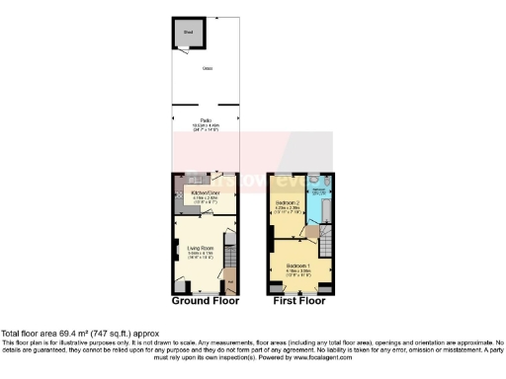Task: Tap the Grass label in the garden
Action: pyautogui.click(x=208, y=68)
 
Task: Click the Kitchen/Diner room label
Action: pyautogui.click(x=206, y=192)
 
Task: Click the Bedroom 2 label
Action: pyautogui.click(x=287, y=204)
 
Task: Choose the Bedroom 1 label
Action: pyautogui.click(x=297, y=265)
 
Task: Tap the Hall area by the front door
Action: pyautogui.click(x=231, y=284)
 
